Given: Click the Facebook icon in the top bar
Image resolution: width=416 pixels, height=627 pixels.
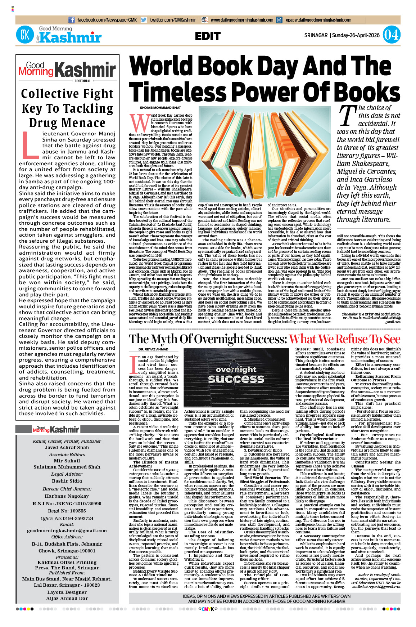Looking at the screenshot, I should point(72,20).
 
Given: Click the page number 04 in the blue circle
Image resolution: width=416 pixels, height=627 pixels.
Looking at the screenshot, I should point(391,35).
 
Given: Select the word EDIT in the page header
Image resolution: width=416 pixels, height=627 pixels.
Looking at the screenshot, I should point(208,36).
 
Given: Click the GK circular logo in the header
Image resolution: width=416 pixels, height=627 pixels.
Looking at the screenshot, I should point(25,35).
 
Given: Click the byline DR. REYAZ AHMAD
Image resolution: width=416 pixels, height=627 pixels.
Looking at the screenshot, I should point(153,349).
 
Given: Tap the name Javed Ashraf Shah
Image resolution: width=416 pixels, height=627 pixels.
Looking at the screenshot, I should point(67,448).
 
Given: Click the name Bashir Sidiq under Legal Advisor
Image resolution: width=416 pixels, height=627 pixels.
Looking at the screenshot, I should point(67,481).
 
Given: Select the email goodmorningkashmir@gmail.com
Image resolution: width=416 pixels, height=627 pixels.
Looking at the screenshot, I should point(67,530).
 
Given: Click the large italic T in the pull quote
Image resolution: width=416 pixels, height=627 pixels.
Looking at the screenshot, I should point(347,116).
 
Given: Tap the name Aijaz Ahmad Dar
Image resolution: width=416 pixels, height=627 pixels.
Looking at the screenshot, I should point(67,598).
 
